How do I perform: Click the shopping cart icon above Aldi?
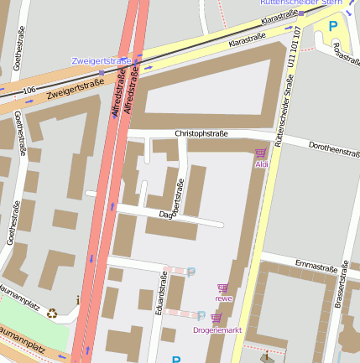point(260,153)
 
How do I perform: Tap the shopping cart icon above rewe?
point(222,288)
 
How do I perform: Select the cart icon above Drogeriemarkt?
point(217,319)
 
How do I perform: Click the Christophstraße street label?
point(201,133)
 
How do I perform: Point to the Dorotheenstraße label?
point(334,150)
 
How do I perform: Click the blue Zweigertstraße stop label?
point(102,61)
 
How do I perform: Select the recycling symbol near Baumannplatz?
point(52,314)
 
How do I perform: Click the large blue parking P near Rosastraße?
point(332,26)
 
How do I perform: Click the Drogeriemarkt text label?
point(217,330)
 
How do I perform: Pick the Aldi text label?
point(261,165)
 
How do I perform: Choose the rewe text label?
point(223,298)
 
